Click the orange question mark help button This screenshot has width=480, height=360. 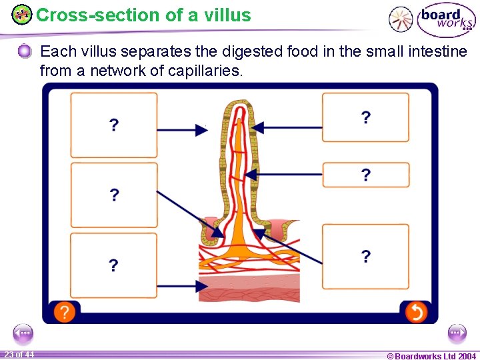tap(64, 311)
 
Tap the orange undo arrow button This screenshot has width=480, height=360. tap(415, 311)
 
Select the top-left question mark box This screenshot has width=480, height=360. tap(114, 125)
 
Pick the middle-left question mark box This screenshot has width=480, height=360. tap(114, 195)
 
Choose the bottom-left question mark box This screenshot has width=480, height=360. tap(114, 265)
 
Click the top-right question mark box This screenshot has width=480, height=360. tap(365, 117)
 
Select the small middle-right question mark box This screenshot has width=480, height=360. tap(365, 175)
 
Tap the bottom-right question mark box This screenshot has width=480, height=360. tap(365, 257)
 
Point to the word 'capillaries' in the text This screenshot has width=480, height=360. tap(205, 70)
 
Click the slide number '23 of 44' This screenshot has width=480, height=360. tap(19, 355)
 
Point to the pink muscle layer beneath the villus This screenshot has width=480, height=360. tap(249, 289)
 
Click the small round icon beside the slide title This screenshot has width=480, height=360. tap(22, 14)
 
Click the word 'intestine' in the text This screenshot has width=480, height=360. tap(433, 51)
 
